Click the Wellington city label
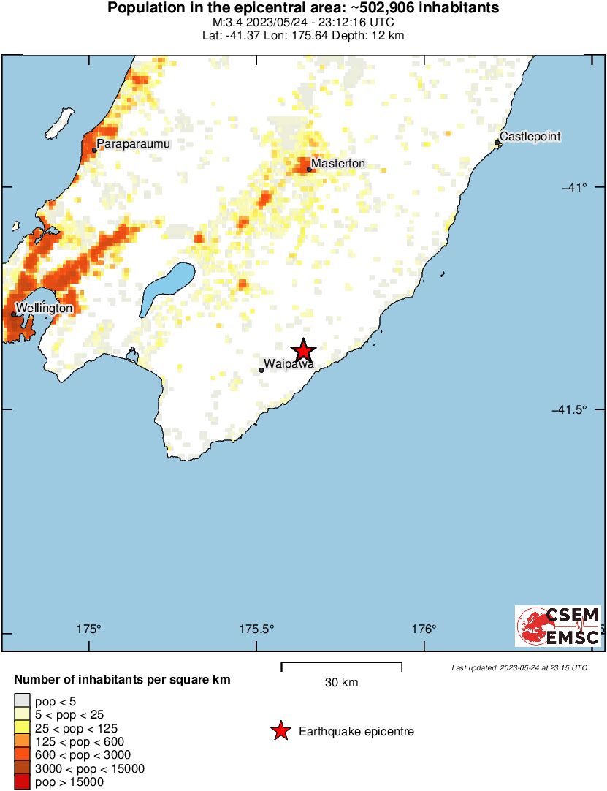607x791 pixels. [45, 309]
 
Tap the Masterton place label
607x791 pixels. [338, 164]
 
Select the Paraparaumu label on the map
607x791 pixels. [134, 144]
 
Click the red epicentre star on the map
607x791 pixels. [302, 350]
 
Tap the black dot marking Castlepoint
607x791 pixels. [497, 143]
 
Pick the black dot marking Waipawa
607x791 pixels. [261, 370]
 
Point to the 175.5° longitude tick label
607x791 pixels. [257, 629]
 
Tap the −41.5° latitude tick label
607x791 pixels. [569, 409]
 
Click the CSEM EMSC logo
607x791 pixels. [558, 626]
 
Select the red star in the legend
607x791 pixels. [280, 731]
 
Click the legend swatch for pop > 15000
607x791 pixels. [23, 782]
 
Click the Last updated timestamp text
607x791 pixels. [519, 667]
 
